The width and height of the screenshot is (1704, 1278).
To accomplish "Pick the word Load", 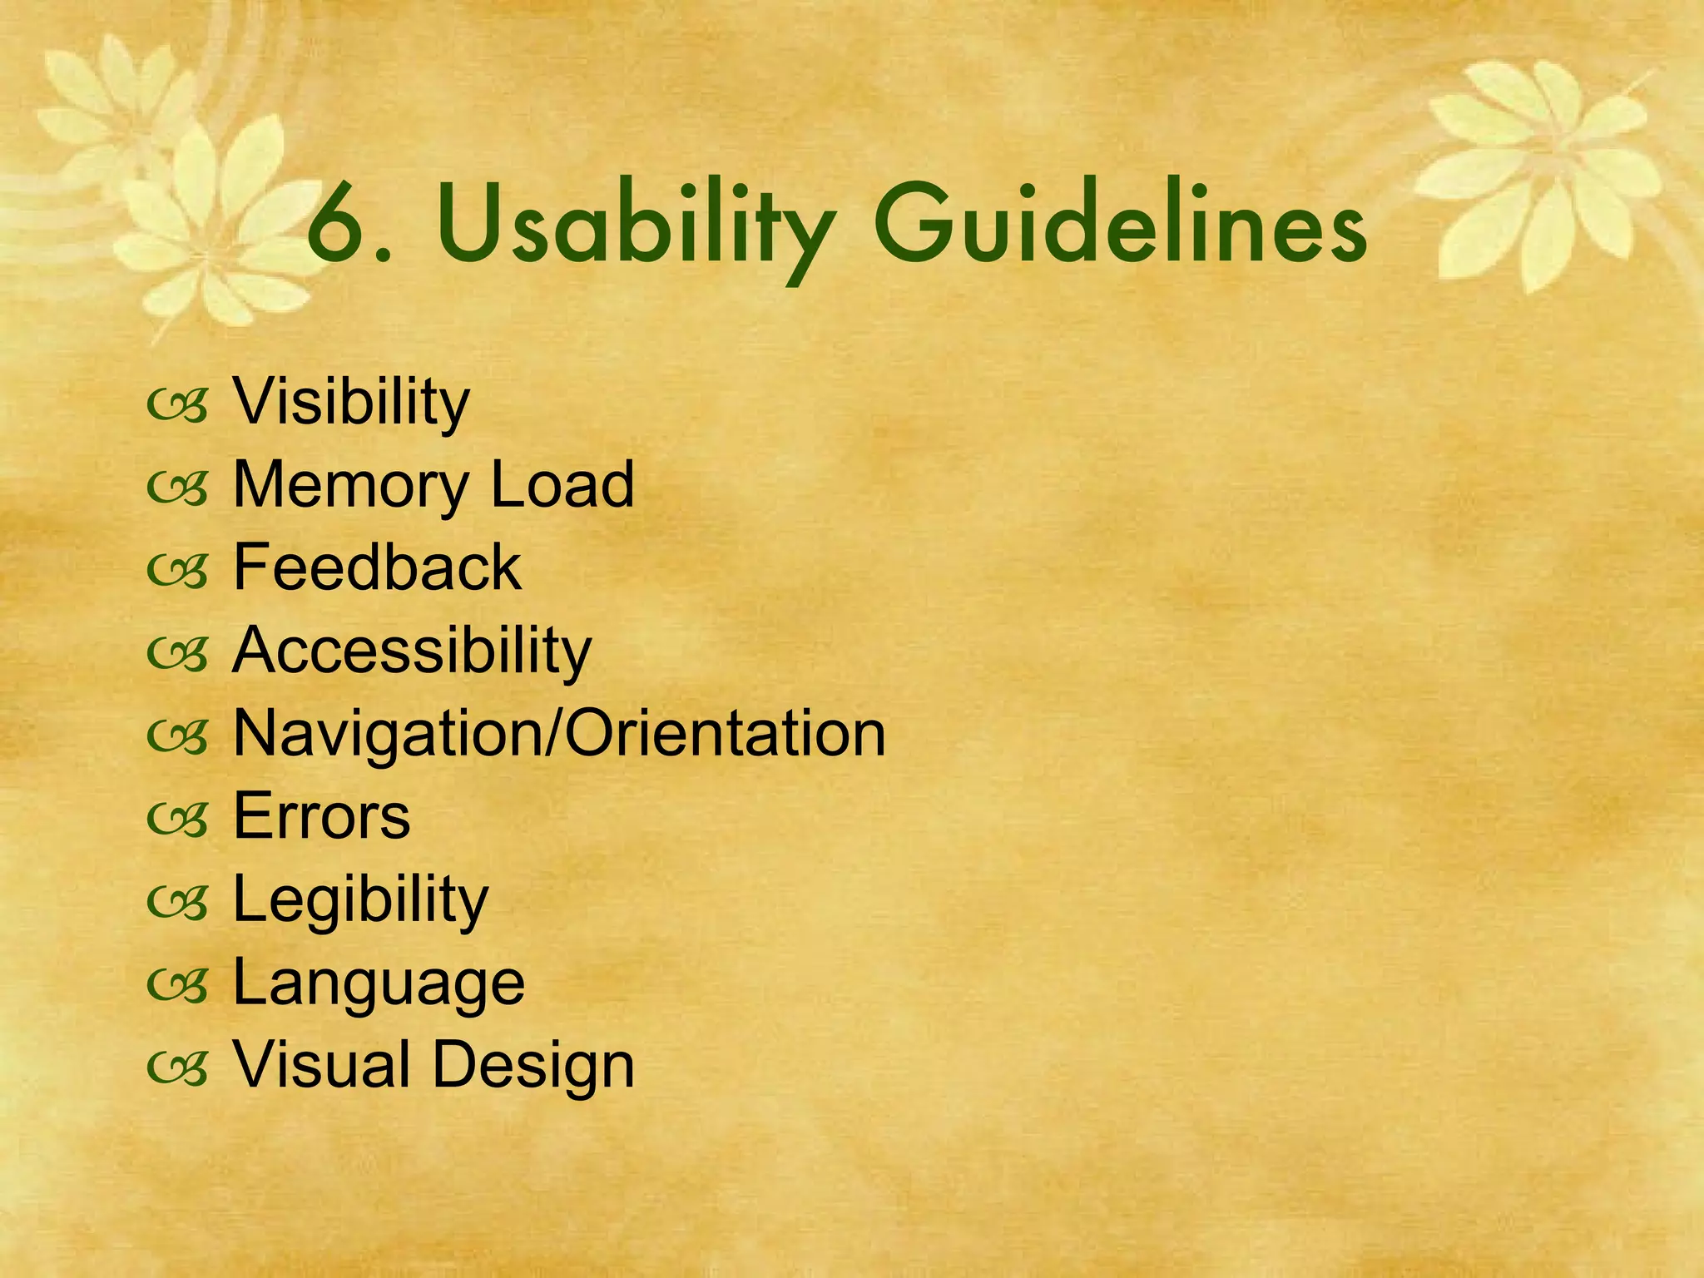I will (562, 484).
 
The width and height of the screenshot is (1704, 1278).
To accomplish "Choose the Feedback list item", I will (377, 567).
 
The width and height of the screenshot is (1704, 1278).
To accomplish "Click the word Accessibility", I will (412, 651).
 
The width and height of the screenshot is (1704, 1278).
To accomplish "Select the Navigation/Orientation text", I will (559, 734).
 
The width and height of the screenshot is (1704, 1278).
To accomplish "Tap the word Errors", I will (322, 816).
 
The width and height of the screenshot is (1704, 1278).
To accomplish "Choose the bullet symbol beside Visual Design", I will (176, 1071).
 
